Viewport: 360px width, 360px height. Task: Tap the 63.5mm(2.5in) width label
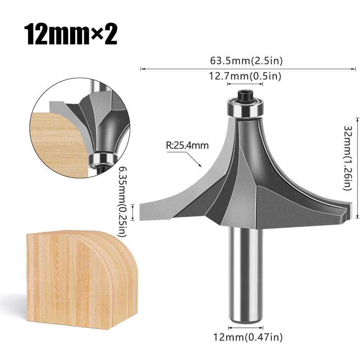tap(246, 61)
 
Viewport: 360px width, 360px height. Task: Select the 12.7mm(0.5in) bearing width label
tap(245, 76)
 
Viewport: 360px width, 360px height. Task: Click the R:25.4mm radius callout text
tap(187, 146)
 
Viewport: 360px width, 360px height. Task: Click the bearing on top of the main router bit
tap(245, 108)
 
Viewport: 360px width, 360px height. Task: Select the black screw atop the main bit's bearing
tap(245, 95)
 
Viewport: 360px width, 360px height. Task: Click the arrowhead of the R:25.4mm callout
tap(200, 166)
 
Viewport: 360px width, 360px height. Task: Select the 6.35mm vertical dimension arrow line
tap(134, 212)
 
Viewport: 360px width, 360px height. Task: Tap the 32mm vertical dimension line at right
tap(357, 168)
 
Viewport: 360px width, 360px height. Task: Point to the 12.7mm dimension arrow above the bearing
tap(245, 84)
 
